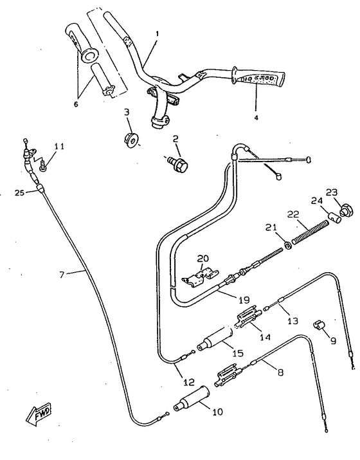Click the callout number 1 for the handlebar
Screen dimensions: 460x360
157,33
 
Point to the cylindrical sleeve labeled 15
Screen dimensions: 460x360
214,342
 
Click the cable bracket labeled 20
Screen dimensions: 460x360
198,277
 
